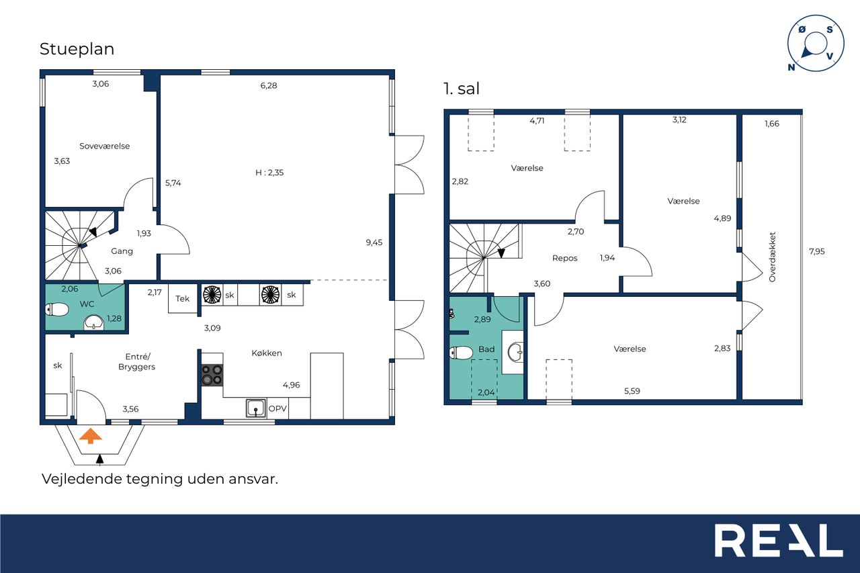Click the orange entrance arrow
coord(91,437)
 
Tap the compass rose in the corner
coord(816,44)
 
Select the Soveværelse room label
coord(104,146)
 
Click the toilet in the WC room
coord(57,309)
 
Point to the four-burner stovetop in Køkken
coord(212,375)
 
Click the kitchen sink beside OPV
coord(256,408)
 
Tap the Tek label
coord(182,298)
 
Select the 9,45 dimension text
coord(374,243)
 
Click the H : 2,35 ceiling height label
coord(269,173)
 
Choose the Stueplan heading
coord(77,49)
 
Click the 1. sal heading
coord(462,89)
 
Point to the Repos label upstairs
coord(565,259)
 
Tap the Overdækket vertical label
coord(772,257)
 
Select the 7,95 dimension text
coord(816,251)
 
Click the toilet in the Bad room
coord(461,353)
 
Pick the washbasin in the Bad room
coord(515,351)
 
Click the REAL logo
coord(779,540)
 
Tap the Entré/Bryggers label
coord(136,361)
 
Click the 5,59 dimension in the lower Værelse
coord(632,391)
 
